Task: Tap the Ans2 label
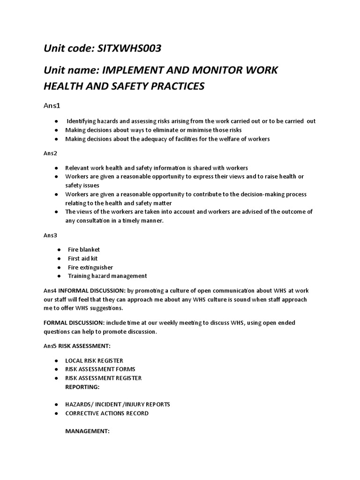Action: point(50,153)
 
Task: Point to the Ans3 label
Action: point(50,235)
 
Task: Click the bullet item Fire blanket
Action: point(83,249)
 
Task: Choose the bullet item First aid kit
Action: point(82,258)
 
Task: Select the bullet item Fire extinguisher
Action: point(90,267)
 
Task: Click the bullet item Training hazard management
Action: point(107,276)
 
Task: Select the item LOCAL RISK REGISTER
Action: point(94,360)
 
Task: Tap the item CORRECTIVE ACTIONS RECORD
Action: point(107,413)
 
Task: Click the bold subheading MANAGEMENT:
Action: point(87,431)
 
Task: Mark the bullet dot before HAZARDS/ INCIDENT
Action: point(56,405)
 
